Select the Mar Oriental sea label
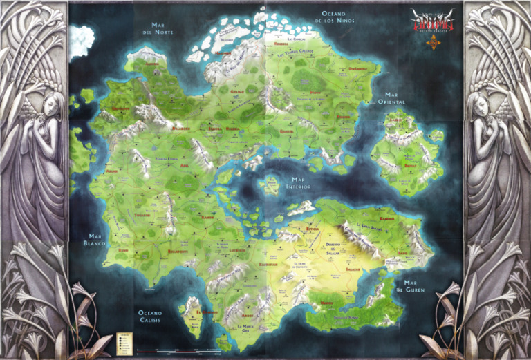click(x=390, y=98)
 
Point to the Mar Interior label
click(x=298, y=182)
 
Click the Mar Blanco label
click(x=94, y=239)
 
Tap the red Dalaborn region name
click(x=180, y=128)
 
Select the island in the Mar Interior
click(x=266, y=185)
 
